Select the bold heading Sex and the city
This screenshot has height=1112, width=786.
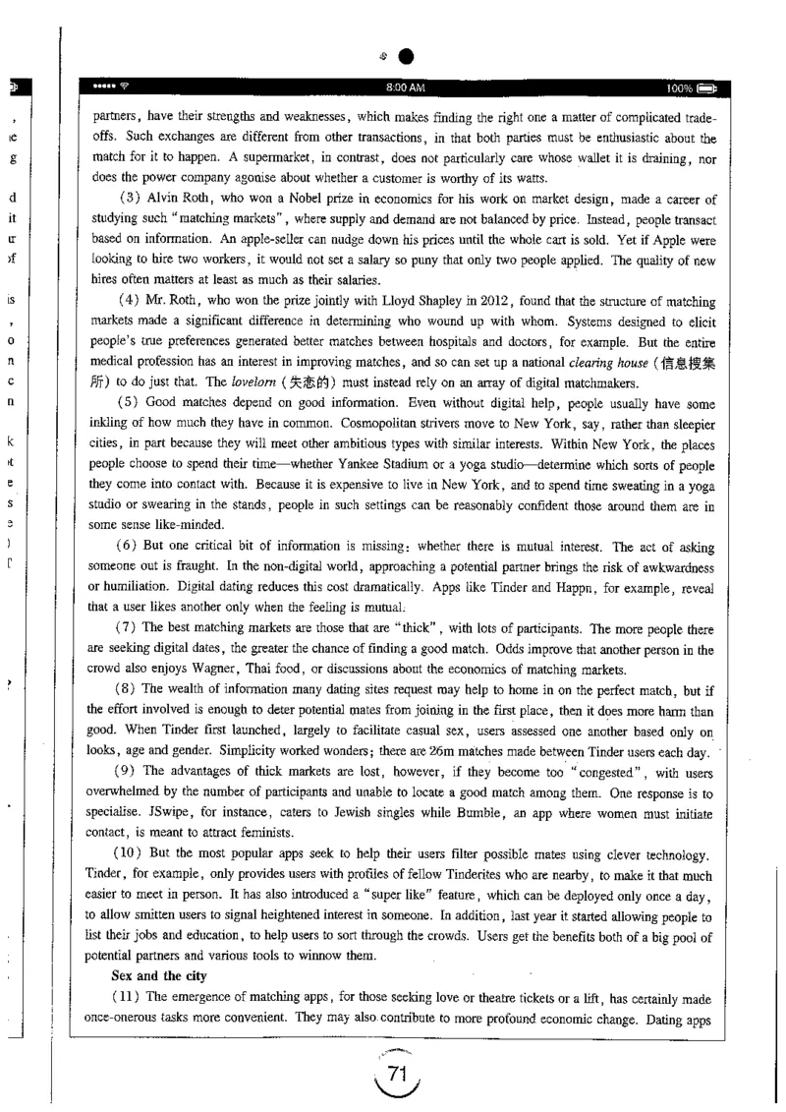click(x=144, y=949)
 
